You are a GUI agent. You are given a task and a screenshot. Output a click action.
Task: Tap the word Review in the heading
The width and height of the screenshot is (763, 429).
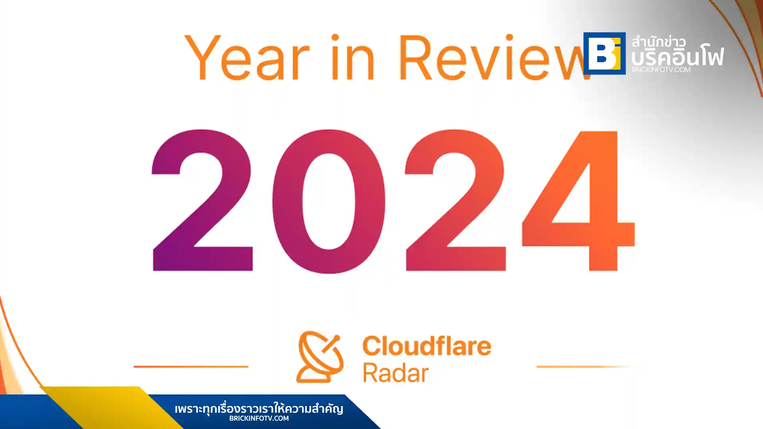493,58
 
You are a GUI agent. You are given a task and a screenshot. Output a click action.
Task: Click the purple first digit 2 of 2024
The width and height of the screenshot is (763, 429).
202,201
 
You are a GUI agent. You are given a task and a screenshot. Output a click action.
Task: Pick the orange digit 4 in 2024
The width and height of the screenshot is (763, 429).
579,201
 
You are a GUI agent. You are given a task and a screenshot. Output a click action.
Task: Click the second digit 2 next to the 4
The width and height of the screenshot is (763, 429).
455,201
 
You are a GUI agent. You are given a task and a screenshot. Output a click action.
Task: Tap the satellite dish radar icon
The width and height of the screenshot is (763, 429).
320,357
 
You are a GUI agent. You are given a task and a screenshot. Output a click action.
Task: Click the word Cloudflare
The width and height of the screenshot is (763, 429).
427,346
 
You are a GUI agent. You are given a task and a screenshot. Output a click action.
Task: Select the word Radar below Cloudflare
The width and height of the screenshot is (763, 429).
395,373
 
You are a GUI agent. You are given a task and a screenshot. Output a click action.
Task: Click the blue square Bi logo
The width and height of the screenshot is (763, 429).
604,53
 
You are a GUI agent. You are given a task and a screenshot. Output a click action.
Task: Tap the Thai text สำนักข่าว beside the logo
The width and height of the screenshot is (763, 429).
658,41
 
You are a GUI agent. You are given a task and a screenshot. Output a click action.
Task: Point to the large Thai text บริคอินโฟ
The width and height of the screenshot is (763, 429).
678,57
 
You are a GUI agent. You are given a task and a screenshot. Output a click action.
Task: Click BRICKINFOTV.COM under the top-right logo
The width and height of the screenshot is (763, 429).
661,70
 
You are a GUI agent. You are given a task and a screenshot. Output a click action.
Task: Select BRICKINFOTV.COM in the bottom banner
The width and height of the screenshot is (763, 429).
259,418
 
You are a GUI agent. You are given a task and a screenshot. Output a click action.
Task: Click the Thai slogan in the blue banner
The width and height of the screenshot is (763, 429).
259,408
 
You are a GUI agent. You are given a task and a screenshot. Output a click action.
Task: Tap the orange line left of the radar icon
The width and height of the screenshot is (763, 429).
191,366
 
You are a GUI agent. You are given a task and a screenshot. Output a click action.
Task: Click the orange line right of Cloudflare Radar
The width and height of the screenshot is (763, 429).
584,366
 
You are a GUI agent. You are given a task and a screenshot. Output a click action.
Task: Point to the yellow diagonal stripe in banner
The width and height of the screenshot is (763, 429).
111,407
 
